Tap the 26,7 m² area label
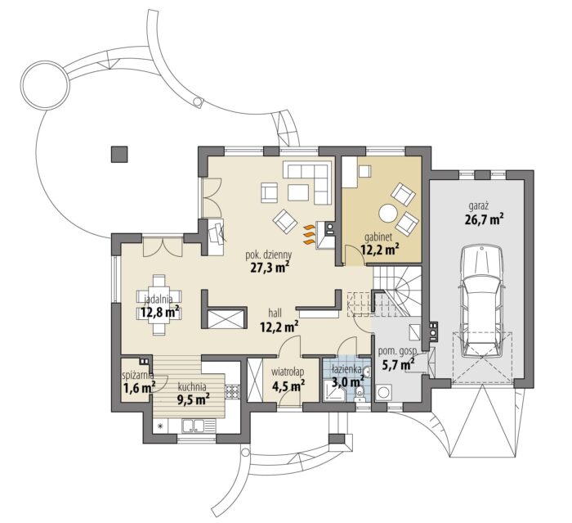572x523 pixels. pos(484,219)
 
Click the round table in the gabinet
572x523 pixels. pos(388,213)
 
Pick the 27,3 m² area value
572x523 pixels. pos(270,267)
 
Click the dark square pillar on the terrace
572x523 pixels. pos(119,154)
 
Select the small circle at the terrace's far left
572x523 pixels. pos(44,84)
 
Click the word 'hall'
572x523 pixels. pos(275,313)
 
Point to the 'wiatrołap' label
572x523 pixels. pos(288,372)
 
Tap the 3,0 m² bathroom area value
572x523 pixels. pos(347,382)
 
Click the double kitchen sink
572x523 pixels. pos(194,426)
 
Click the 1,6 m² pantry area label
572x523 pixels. pos(140,387)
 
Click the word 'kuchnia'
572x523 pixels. pos(192,386)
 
